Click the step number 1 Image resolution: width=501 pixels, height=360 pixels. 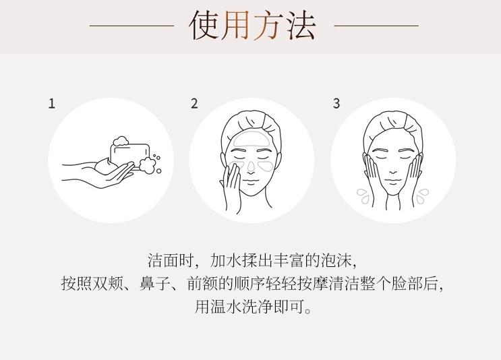pyautogui.click(x=52, y=104)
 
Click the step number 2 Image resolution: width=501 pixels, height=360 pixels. pyautogui.click(x=194, y=104)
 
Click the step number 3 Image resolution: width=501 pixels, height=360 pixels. pyautogui.click(x=336, y=104)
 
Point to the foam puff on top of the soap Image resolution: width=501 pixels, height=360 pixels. pyautogui.click(x=121, y=141)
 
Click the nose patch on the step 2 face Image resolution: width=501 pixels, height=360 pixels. pyautogui.click(x=251, y=165)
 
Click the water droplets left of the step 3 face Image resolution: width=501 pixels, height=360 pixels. pyautogui.click(x=363, y=196)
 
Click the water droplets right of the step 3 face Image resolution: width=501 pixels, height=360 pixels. pyautogui.click(x=422, y=196)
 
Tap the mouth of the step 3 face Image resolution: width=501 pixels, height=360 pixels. pyautogui.click(x=393, y=181)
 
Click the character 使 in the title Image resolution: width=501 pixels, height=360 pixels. pyautogui.click(x=204, y=25)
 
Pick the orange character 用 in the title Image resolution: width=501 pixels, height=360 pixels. pyautogui.click(x=236, y=25)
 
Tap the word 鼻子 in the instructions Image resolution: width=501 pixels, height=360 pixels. pyautogui.click(x=155, y=283)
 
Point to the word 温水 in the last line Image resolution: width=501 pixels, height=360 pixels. pyautogui.click(x=226, y=306)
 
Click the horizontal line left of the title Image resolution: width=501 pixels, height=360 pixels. pyautogui.click(x=131, y=26)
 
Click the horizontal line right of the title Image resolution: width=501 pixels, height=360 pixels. pyautogui.click(x=376, y=26)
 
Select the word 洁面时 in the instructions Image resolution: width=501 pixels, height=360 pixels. pyautogui.click(x=171, y=261)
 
